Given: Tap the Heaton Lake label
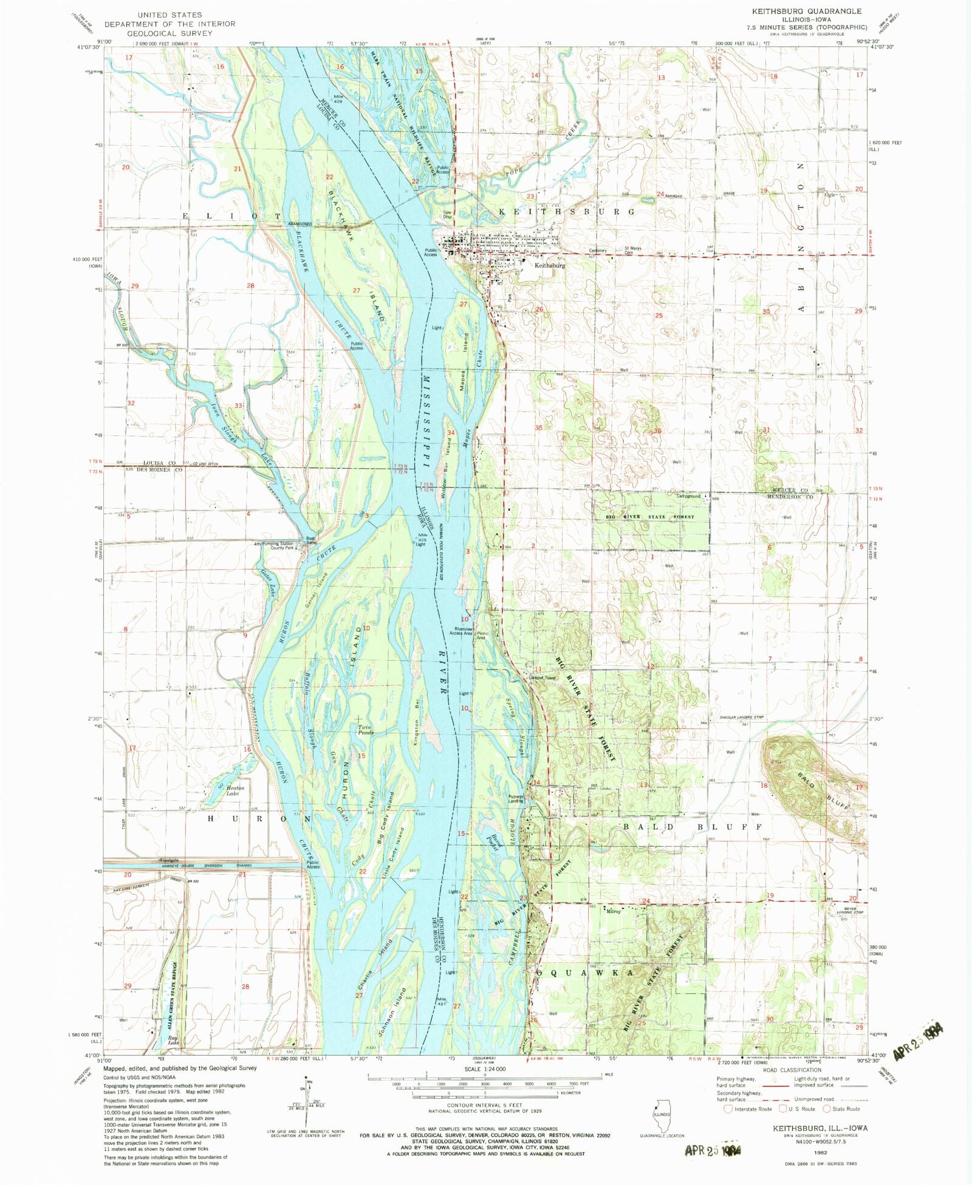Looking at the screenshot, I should pyautogui.click(x=234, y=790).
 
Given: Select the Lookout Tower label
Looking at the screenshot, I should pyautogui.click(x=543, y=677).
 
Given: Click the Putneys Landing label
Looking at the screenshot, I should pyautogui.click(x=516, y=799).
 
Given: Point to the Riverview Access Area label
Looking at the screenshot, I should pyautogui.click(x=460, y=631).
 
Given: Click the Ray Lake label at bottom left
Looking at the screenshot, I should pyautogui.click(x=173, y=1040).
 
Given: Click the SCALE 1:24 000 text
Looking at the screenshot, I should pyautogui.click(x=485, y=1069).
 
